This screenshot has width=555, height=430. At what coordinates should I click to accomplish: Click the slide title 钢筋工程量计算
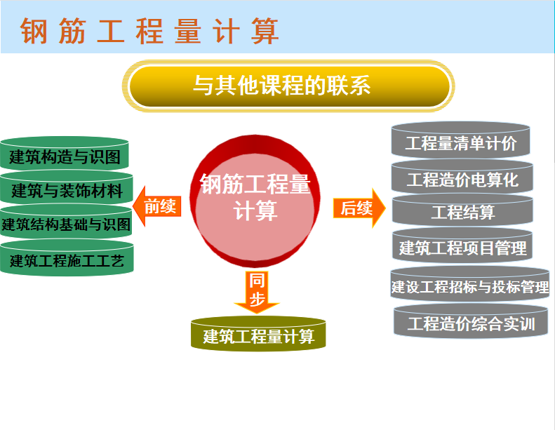click(x=149, y=31)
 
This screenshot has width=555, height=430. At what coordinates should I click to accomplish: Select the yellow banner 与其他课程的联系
click(x=288, y=86)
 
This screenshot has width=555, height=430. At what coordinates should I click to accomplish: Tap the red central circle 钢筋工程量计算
click(x=255, y=201)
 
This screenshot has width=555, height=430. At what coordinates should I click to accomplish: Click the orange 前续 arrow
click(x=156, y=206)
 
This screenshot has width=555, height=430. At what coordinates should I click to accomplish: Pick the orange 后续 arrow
click(x=359, y=208)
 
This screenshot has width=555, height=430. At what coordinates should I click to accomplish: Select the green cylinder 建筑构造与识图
click(x=64, y=154)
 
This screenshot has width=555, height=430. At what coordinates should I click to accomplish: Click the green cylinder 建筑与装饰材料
click(x=67, y=188)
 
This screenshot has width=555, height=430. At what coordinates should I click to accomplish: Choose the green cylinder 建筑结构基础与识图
click(x=66, y=222)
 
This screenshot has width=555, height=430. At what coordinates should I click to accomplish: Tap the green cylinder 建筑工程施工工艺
click(x=67, y=258)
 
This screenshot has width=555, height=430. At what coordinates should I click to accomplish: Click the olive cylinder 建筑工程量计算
click(x=258, y=334)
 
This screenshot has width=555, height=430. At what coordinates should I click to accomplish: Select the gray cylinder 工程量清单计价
click(x=460, y=140)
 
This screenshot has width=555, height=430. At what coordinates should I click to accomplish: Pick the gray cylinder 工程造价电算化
click(x=462, y=177)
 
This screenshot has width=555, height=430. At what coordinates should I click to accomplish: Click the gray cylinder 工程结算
click(x=462, y=210)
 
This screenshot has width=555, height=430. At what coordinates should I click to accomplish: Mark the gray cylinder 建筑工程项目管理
click(x=462, y=246)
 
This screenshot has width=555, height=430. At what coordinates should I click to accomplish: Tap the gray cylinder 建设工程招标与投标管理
click(x=470, y=284)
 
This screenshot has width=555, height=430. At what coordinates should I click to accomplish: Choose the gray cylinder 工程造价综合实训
click(x=471, y=321)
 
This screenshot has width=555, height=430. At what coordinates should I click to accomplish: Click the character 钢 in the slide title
click(x=34, y=31)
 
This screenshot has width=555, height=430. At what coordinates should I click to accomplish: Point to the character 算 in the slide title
click(x=265, y=31)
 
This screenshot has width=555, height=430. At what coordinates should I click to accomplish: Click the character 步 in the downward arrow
click(x=257, y=299)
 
